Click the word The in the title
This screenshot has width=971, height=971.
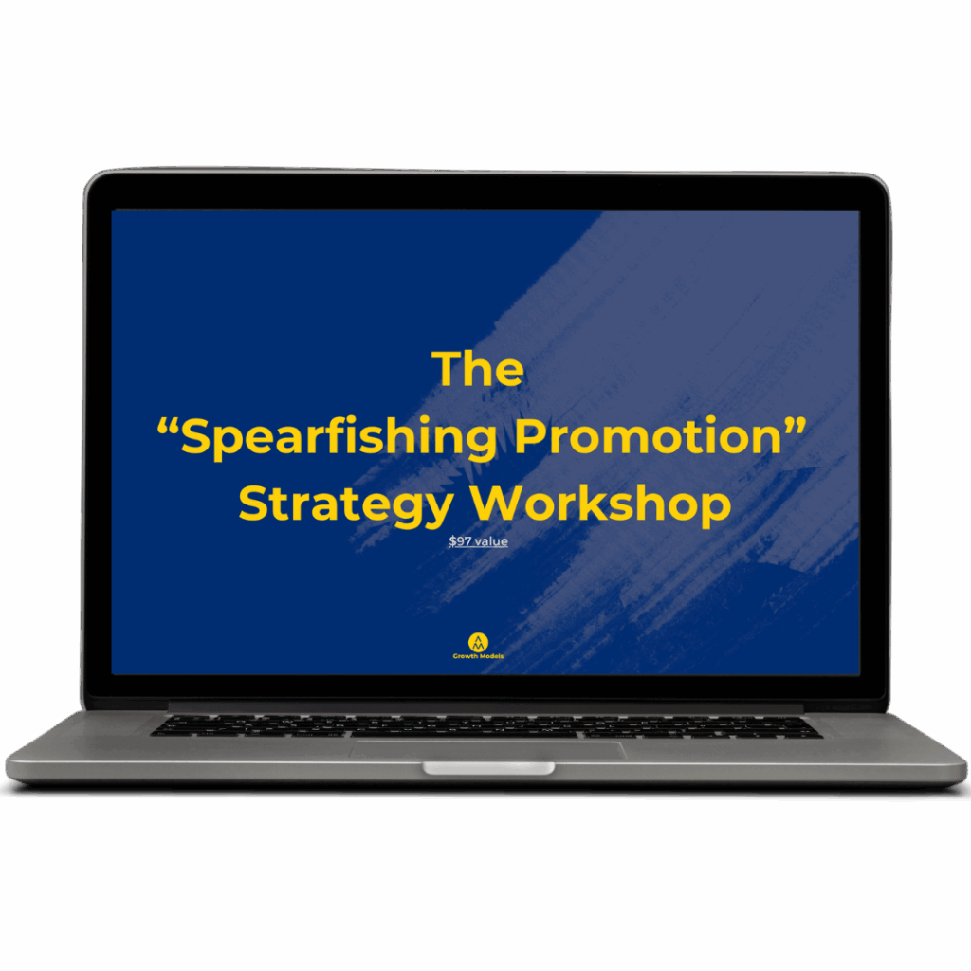tap(478, 369)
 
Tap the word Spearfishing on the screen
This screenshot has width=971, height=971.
tap(339, 437)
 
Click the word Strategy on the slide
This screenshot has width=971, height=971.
tap(346, 504)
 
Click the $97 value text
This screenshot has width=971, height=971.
tap(478, 541)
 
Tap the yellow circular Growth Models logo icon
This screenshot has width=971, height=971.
tap(478, 642)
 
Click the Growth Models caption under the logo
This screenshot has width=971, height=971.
tap(478, 656)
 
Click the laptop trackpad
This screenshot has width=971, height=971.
tap(486, 750)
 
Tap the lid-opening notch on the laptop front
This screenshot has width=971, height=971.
tap(488, 768)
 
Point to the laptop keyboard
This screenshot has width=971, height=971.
tap(486, 725)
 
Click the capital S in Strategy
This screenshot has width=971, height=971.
tap(252, 503)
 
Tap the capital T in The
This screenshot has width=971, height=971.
tap(447, 369)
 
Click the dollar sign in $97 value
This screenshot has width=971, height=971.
tap(452, 541)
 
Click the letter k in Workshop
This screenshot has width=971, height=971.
tap(621, 502)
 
